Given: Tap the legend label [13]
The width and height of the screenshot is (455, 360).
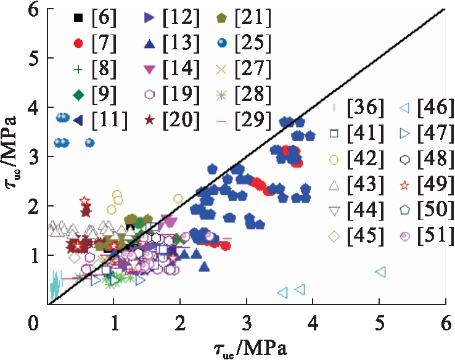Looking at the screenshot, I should (182, 44).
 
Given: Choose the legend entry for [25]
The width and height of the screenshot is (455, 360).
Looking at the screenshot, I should (254, 44).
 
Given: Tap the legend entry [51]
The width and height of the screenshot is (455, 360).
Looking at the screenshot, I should (426, 235).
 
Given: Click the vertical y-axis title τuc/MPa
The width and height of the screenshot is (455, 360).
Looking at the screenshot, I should (14, 162).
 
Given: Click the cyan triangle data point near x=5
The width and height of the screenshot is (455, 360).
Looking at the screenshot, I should (380, 272).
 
